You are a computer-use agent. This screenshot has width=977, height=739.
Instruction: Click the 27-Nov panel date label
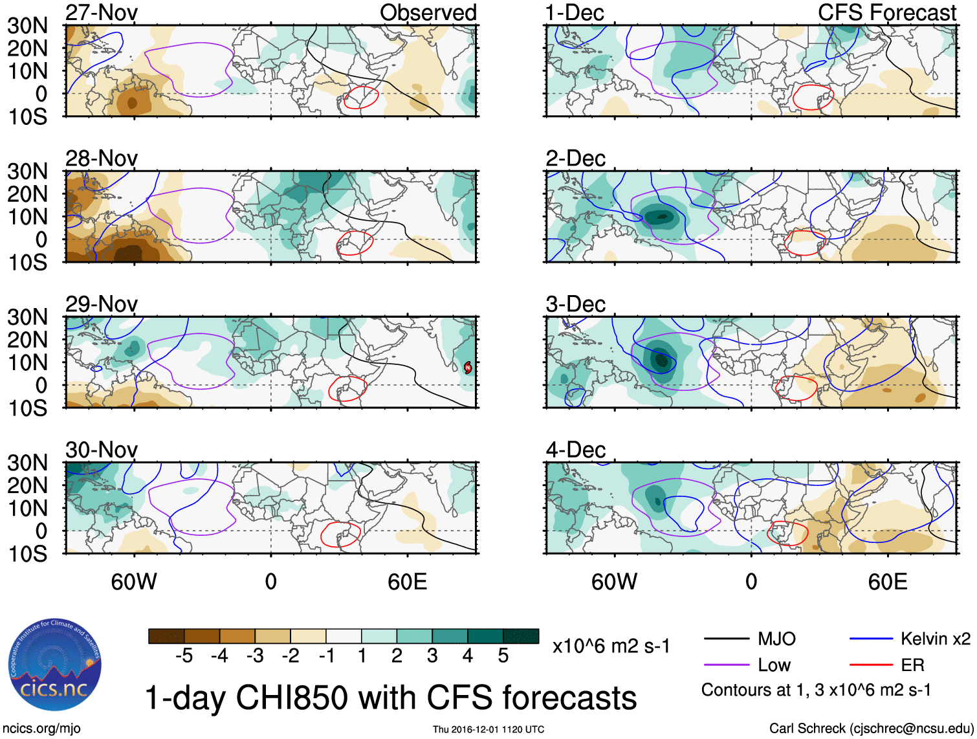tap(102, 13)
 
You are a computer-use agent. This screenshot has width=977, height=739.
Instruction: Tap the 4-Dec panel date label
tap(575, 450)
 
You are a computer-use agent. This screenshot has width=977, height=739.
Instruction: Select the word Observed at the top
tap(428, 13)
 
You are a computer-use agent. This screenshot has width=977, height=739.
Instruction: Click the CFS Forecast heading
tap(886, 13)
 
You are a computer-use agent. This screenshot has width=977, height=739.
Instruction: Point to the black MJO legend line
tap(726, 639)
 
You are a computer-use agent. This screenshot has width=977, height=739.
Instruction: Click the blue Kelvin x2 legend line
tap(871, 639)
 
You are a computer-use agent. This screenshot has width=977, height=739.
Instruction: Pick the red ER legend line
tap(871, 665)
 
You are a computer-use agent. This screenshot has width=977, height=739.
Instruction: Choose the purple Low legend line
tap(726, 665)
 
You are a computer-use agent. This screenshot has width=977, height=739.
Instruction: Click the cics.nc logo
tap(54, 665)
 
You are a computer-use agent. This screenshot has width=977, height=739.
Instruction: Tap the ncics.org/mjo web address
tap(41, 729)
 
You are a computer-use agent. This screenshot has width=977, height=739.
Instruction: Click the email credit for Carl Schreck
tap(871, 729)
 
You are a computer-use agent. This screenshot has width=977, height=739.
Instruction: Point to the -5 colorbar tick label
tap(184, 656)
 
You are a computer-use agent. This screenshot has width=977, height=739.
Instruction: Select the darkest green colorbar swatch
tap(521, 636)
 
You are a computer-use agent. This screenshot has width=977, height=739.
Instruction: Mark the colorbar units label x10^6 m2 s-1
tap(611, 646)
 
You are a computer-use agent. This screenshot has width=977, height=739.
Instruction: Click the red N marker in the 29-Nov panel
tap(468, 368)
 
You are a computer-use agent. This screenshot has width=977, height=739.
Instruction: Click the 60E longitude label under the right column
tap(887, 582)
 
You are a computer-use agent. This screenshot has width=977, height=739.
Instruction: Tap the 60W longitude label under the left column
tap(134, 582)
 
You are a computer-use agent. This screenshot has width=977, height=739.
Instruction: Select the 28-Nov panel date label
tap(102, 159)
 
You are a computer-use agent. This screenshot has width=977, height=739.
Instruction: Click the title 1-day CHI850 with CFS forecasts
tap(390, 698)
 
